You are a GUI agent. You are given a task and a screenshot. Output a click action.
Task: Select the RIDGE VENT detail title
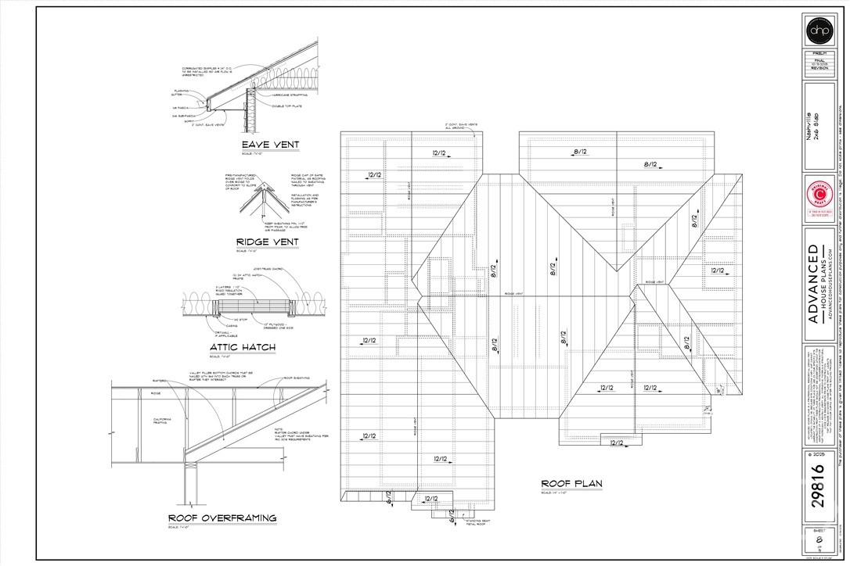[267, 242]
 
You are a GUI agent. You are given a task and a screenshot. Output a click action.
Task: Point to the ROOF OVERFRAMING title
[222, 518]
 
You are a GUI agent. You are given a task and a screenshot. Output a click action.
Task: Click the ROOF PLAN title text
[571, 484]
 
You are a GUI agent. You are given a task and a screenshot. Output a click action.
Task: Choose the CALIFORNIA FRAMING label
[164, 421]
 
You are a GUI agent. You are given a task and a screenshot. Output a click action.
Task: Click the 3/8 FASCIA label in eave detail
[179, 108]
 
